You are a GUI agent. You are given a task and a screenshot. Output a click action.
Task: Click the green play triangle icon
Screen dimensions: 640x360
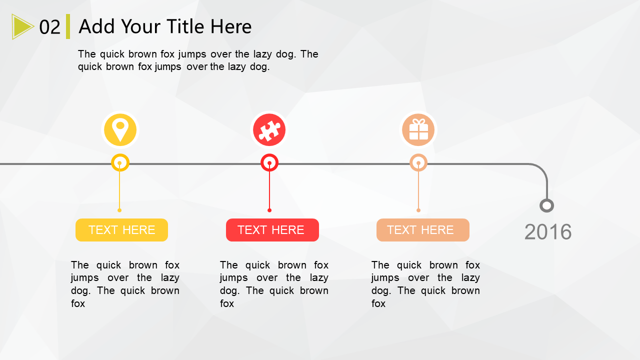point(21,26)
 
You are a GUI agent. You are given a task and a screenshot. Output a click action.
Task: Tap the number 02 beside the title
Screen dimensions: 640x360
point(49,27)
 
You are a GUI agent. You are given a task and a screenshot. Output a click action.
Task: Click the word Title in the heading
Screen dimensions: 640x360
point(185,26)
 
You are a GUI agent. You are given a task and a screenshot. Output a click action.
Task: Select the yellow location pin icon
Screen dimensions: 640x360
point(120,130)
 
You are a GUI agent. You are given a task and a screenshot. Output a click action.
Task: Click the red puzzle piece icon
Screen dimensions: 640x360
point(269,130)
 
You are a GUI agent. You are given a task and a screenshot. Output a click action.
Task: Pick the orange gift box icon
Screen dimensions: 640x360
point(418,130)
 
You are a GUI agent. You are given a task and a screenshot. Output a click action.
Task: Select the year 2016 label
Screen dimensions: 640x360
point(548,231)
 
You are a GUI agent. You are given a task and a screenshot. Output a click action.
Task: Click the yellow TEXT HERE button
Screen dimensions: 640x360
point(121,230)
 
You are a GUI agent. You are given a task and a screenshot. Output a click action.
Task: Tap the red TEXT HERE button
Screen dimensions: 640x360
point(272,230)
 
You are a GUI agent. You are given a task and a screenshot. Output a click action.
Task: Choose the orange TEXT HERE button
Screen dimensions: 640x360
point(423,230)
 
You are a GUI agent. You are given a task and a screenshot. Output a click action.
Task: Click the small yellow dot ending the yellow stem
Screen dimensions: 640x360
point(119,210)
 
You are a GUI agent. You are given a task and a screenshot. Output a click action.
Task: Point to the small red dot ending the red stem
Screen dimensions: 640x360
point(269,210)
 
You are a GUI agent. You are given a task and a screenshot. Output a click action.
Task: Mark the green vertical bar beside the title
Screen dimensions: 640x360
point(68,26)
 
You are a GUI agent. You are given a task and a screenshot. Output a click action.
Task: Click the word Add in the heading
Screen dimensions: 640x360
point(96,26)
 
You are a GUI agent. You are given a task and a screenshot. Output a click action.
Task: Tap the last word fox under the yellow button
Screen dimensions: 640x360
point(78,303)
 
